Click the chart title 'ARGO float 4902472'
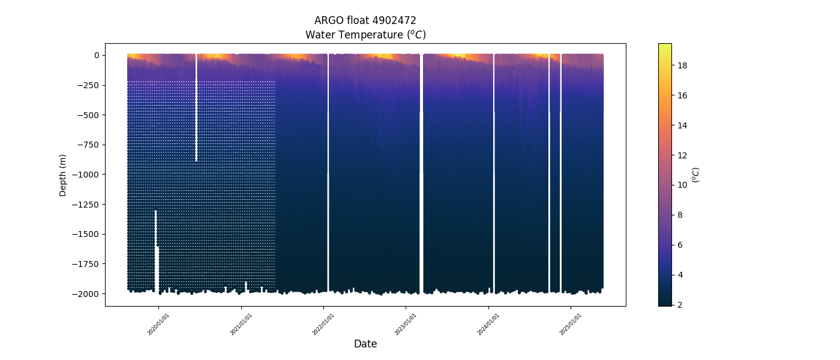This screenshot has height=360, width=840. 365,21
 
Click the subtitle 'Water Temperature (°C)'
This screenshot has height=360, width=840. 365,35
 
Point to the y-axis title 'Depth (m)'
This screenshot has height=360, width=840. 62,175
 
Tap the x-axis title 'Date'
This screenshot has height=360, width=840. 365,344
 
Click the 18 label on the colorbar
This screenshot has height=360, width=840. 683,65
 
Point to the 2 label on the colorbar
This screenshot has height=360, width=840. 680,305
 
